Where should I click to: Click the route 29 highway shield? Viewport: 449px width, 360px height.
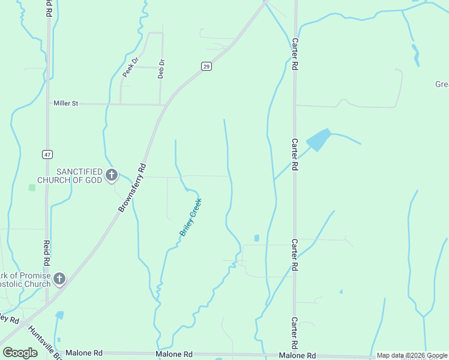click(x=206, y=67)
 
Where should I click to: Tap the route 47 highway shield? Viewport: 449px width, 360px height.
click(x=47, y=154)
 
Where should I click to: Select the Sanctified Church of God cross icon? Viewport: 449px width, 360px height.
click(x=111, y=175)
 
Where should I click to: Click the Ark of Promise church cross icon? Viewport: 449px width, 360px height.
click(x=59, y=278)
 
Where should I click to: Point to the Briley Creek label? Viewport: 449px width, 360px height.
click(x=191, y=217)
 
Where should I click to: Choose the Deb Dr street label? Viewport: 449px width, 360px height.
click(x=161, y=68)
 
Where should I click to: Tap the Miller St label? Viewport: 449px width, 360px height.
click(x=66, y=103)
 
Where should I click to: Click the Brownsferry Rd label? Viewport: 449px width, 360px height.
click(x=132, y=187)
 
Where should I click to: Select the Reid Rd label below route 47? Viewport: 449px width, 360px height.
click(x=46, y=253)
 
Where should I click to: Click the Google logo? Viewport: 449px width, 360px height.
click(x=20, y=353)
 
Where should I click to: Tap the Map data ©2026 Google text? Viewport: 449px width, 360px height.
click(x=411, y=356)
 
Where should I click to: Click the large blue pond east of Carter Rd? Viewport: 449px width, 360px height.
click(x=319, y=140)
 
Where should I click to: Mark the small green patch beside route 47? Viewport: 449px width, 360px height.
click(x=32, y=187)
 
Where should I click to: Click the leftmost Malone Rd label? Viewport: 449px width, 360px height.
click(x=84, y=353)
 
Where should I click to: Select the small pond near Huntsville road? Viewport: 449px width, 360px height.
click(x=59, y=315)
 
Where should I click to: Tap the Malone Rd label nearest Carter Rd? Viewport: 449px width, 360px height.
click(x=298, y=355)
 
